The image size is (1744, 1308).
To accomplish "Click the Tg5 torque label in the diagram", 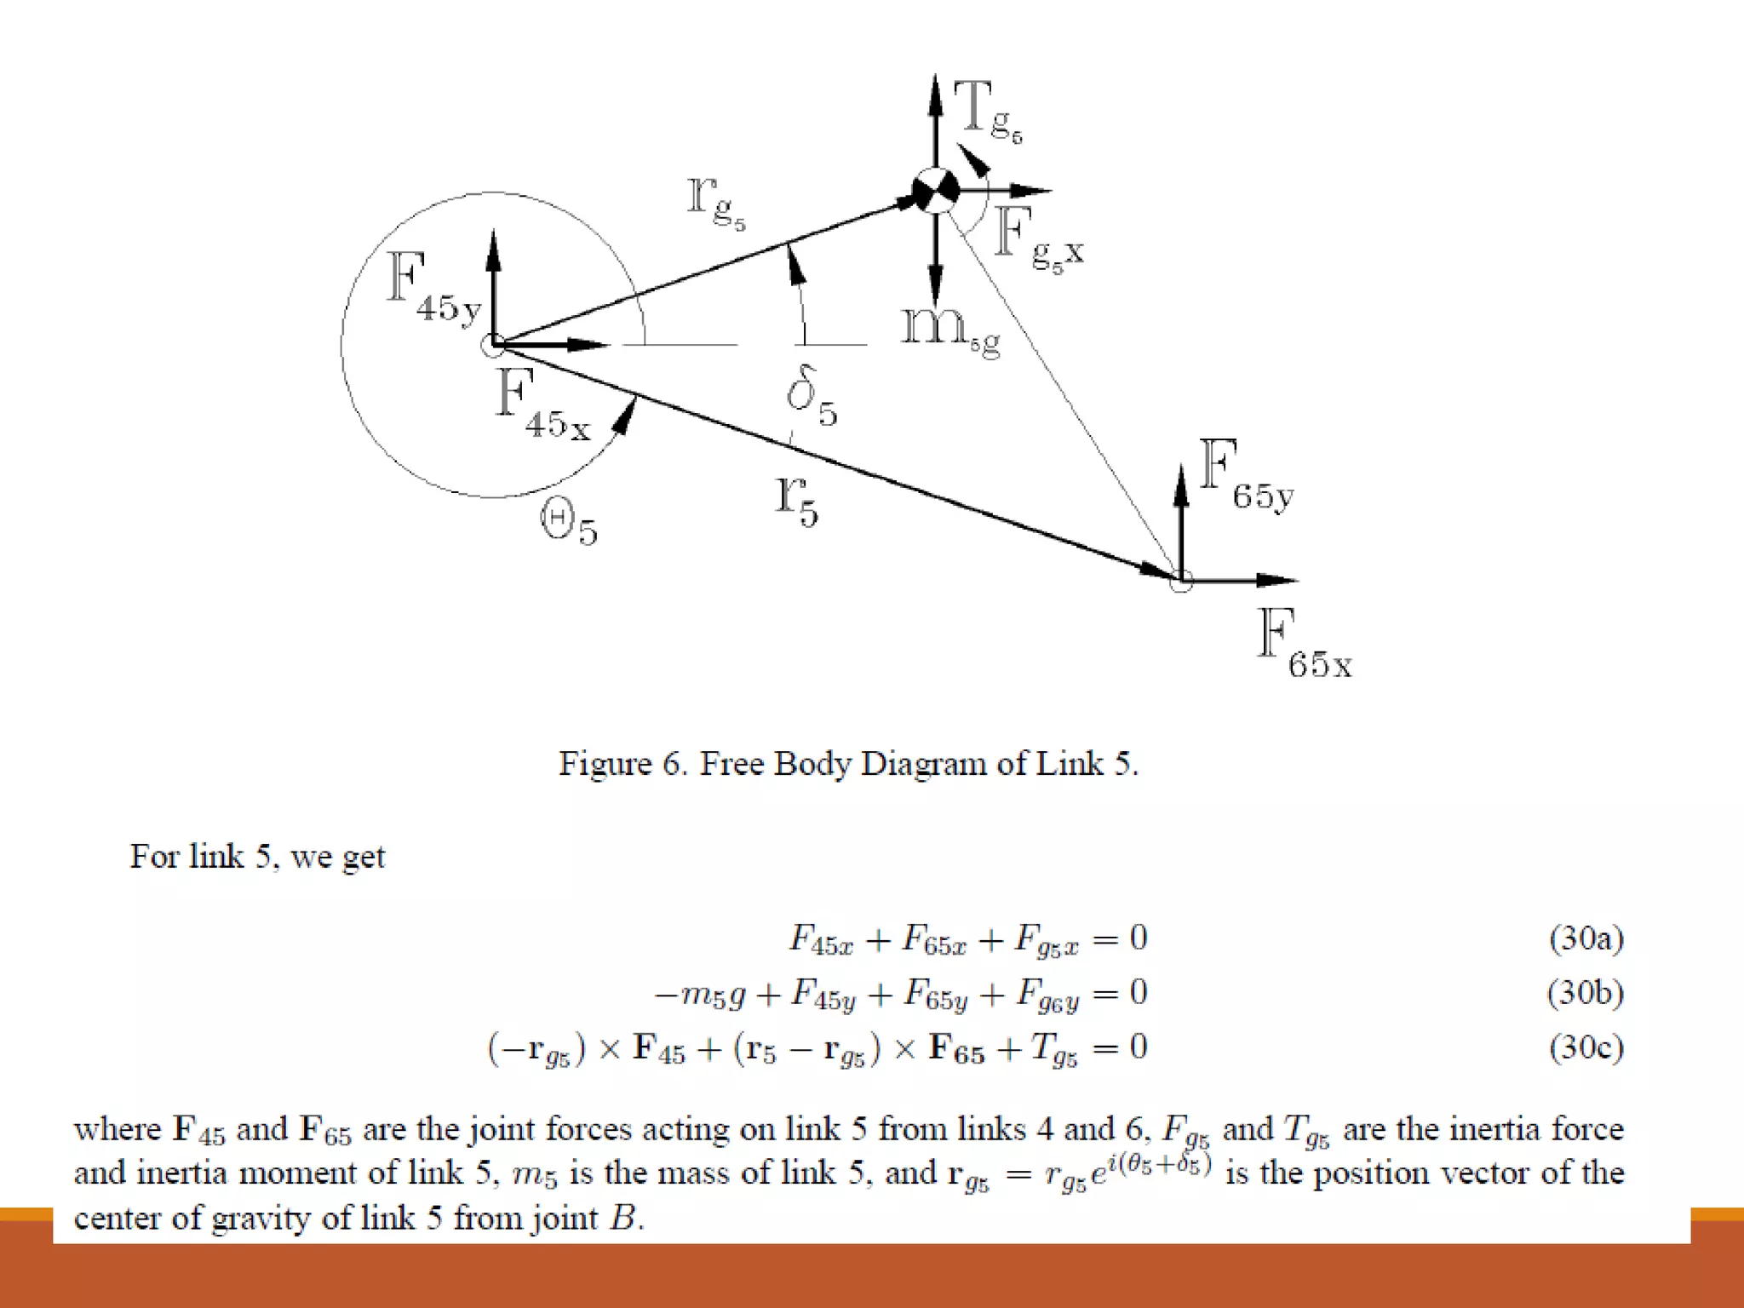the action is [986, 111].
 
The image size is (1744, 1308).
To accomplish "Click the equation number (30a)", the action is [1586, 938].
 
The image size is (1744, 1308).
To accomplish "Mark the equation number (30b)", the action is [1586, 993].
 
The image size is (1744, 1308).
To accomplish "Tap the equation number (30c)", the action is [1586, 1047].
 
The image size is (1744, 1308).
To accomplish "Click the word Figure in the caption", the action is [605, 764].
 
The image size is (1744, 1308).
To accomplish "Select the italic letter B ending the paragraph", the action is [623, 1218].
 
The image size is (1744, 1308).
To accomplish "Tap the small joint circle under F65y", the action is [1180, 582].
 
